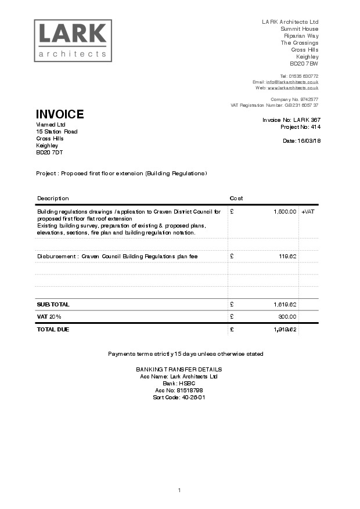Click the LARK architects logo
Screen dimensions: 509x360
[x=73, y=41]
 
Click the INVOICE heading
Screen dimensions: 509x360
[x=60, y=114]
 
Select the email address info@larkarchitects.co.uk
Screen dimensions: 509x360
[x=292, y=82]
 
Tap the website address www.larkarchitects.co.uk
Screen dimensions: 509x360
[x=293, y=88]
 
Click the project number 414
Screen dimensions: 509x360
[x=315, y=127]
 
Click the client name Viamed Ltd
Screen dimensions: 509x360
[x=51, y=124]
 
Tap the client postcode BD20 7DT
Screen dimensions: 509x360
[x=49, y=152]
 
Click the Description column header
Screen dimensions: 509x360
[x=53, y=198]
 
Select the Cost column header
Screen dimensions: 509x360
[x=236, y=198]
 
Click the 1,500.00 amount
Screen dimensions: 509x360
[x=285, y=212]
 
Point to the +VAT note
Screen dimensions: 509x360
[x=308, y=212]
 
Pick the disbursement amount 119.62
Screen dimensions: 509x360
[x=287, y=256]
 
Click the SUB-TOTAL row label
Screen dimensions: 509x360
[x=53, y=304]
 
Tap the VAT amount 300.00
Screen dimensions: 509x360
[x=287, y=317]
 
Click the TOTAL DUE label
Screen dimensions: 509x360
[x=53, y=330]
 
